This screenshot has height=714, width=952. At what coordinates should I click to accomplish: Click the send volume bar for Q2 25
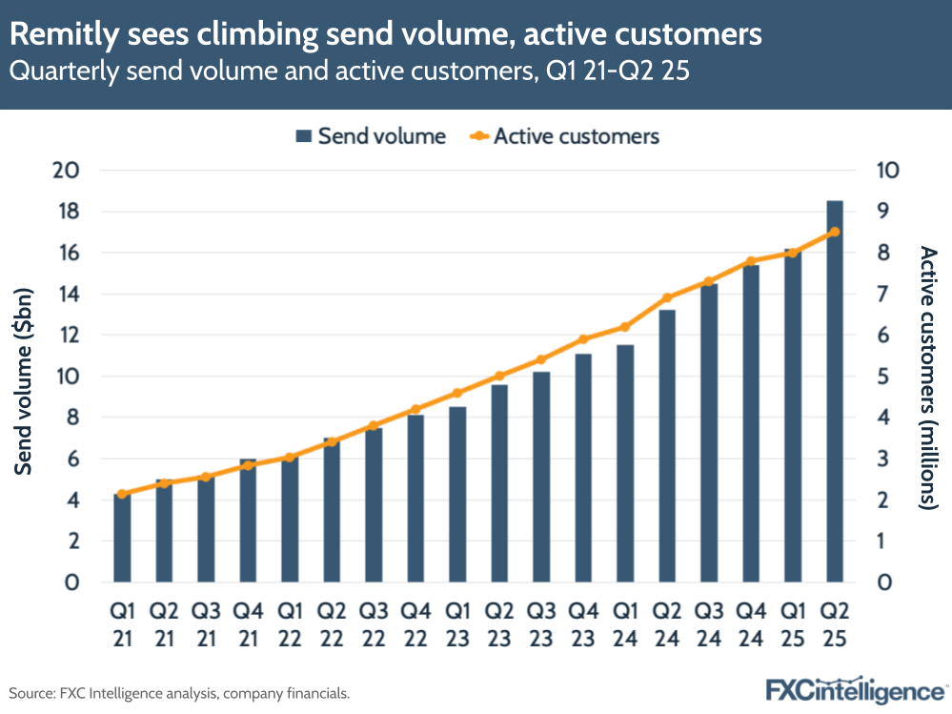click(x=834, y=391)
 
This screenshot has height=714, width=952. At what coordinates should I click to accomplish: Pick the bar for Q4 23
click(x=582, y=467)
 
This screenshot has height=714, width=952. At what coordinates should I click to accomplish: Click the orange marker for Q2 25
click(x=834, y=232)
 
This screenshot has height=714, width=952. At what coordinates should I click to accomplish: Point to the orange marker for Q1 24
click(x=624, y=327)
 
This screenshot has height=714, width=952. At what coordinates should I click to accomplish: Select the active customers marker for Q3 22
click(x=373, y=426)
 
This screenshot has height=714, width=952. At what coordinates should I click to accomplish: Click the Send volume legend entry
click(x=371, y=136)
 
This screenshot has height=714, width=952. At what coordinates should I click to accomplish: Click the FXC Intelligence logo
click(x=855, y=690)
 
